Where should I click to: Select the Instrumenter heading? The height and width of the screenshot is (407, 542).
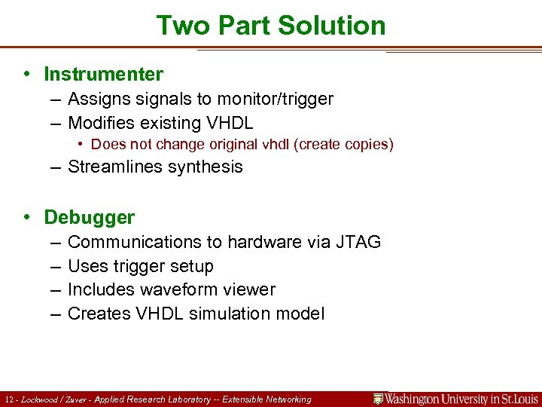tap(103, 74)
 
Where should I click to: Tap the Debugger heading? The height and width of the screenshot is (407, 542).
tap(90, 217)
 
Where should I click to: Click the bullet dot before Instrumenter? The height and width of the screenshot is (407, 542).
tap(27, 74)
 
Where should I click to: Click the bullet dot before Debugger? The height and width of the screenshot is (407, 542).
tap(27, 217)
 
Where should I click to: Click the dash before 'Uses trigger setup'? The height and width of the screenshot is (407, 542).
tap(56, 266)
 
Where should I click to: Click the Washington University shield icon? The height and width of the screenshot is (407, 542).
tap(379, 399)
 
